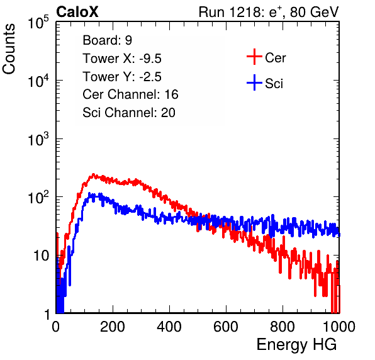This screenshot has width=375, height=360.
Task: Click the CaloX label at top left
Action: tap(77, 12)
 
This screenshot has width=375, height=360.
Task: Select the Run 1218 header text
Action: tap(269, 12)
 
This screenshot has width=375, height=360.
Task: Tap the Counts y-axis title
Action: tap(9, 48)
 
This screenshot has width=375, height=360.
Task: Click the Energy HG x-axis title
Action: tap(296, 345)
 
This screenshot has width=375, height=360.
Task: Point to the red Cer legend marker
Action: tap(254, 57)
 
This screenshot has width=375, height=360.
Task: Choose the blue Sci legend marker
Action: tap(254, 82)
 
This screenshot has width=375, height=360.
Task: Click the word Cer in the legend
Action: tap(275, 58)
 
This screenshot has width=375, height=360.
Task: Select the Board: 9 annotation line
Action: tap(107, 40)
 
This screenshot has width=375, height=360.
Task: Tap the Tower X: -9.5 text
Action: tap(122, 59)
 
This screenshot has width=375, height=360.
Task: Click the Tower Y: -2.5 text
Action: tap(122, 77)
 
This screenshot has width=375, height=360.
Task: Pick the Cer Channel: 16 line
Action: tap(130, 94)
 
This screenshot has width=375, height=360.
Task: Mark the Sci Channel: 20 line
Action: tap(129, 113)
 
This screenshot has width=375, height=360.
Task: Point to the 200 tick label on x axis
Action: tap(113, 327)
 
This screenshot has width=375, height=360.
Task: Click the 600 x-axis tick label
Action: tap(226, 327)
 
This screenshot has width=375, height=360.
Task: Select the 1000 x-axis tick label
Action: tap(339, 327)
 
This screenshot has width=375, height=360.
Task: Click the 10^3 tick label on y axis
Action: tap(38, 139)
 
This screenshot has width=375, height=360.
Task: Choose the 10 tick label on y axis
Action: tap(42, 256)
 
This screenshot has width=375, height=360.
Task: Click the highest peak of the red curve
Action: tap(93, 174)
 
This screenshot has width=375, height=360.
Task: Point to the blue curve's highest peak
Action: tap(89, 193)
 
